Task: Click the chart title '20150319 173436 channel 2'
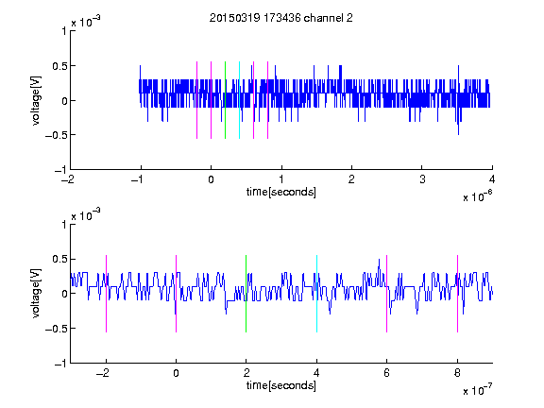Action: [281, 18]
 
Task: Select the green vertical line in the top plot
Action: [226, 100]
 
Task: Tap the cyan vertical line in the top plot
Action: [239, 100]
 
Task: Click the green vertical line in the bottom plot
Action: [246, 294]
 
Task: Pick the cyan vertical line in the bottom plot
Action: [316, 294]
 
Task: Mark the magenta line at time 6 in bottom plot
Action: [387, 294]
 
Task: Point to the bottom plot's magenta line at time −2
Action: [106, 294]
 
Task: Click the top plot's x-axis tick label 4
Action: [492, 179]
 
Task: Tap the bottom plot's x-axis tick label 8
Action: [457, 373]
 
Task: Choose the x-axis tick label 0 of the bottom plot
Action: [176, 373]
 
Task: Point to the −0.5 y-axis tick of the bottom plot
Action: [56, 329]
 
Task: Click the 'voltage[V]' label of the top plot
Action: [36, 100]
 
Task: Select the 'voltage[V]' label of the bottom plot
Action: [36, 293]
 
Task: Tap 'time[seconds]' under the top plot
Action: [281, 192]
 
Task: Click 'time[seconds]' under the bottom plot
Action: [281, 385]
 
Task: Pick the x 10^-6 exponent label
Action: [477, 196]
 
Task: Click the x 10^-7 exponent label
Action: [477, 390]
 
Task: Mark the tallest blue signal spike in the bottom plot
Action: [379, 260]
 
